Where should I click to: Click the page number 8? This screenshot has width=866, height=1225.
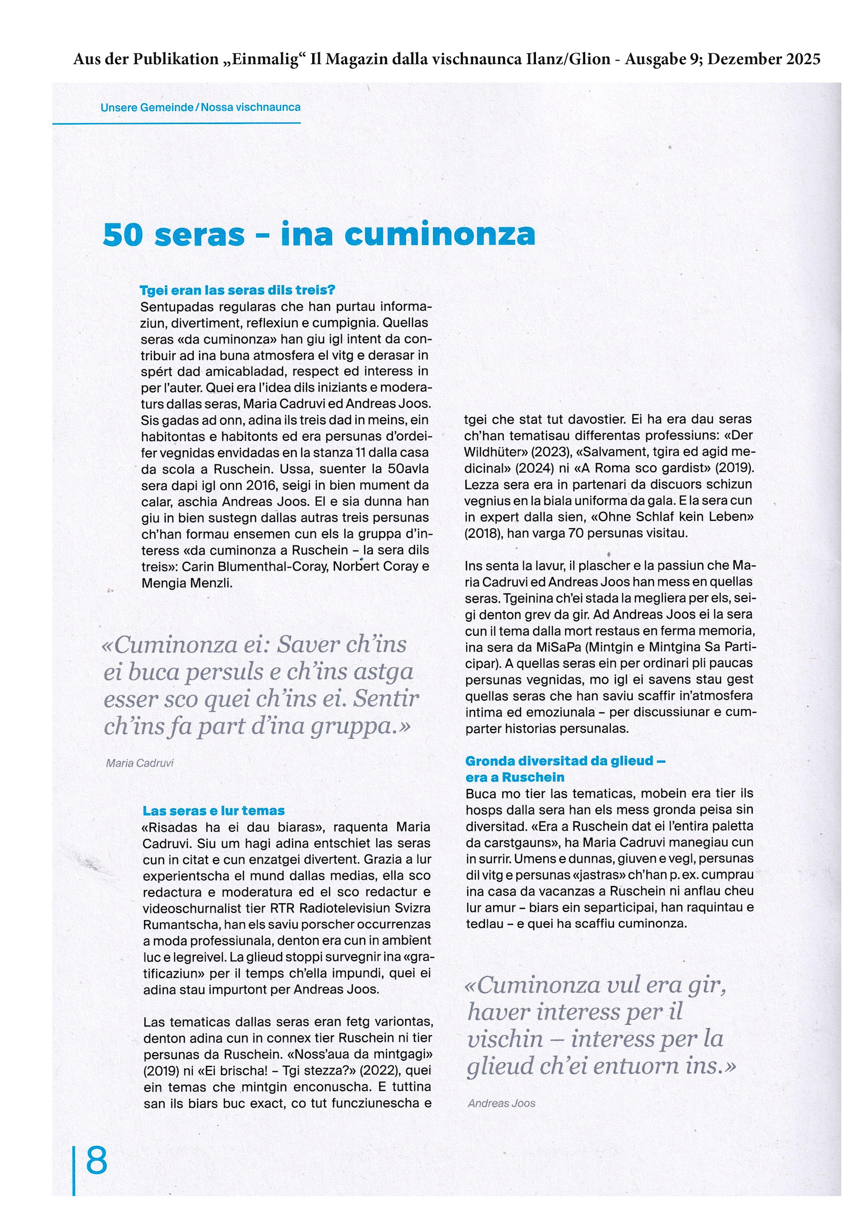pos(97,1160)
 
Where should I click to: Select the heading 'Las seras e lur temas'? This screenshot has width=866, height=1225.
pos(213,810)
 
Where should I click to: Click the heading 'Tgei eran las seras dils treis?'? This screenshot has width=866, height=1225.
pos(237,290)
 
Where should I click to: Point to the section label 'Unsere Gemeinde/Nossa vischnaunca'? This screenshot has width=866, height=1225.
pos(200,107)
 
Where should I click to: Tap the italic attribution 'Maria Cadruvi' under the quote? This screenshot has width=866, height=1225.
pos(140,763)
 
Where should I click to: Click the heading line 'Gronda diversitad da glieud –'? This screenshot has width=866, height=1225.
pos(565,761)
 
